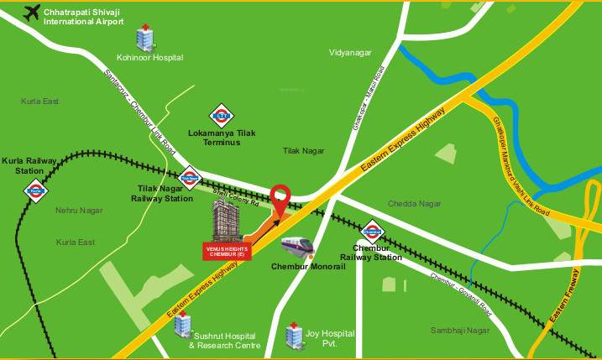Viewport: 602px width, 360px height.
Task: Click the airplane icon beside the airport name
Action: point(32,14)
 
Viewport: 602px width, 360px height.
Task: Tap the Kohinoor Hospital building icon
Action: point(143,37)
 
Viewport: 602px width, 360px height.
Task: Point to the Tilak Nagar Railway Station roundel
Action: point(188,176)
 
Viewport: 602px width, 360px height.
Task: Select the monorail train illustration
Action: point(296,247)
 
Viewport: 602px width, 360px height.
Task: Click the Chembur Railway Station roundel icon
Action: point(371,230)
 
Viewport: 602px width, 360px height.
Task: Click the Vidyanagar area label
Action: point(349,53)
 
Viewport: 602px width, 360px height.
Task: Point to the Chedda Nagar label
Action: point(414,204)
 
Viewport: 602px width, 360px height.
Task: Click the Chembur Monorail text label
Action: point(302,268)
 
